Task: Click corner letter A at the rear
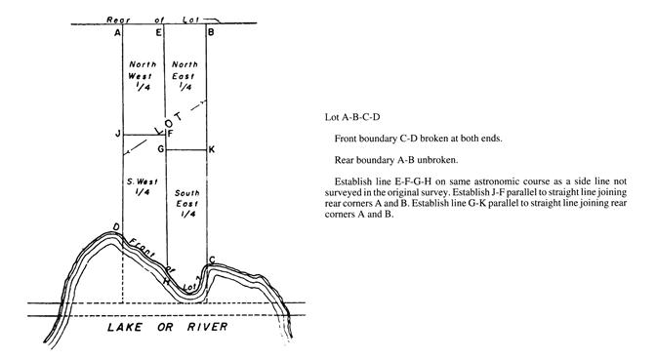tap(117, 32)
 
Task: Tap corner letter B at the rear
tap(210, 32)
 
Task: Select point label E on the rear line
tap(158, 32)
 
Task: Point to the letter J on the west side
tap(117, 134)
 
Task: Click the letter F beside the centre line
tap(170, 134)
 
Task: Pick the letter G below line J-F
tap(160, 149)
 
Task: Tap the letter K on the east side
tap(212, 149)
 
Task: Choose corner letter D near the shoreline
tap(117, 226)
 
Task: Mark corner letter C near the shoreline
tap(212, 260)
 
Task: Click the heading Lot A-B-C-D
tap(351, 117)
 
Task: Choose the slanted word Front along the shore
tap(141, 245)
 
